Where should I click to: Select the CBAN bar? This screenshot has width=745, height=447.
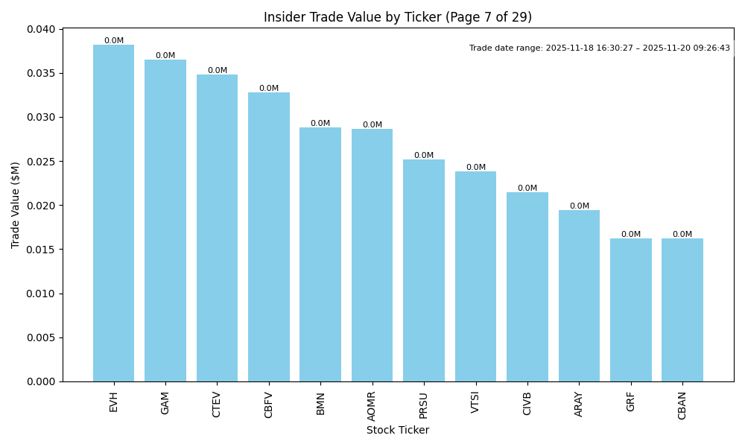(682, 310)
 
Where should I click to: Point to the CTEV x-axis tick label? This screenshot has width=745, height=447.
(217, 404)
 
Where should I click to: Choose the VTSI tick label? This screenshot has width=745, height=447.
(475, 402)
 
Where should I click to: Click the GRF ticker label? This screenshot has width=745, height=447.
(631, 402)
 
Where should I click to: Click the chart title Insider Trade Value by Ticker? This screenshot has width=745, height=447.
(398, 17)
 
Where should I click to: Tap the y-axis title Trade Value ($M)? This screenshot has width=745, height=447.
(16, 205)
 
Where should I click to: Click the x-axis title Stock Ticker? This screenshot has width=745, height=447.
(398, 430)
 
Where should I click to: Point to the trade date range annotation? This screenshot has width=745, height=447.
(600, 48)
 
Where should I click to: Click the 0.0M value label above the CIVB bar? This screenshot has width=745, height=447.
(527, 188)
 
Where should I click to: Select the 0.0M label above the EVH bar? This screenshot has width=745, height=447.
(114, 41)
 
